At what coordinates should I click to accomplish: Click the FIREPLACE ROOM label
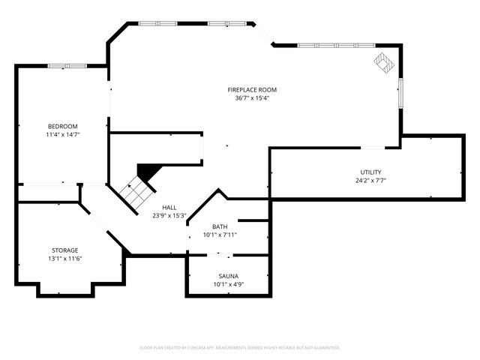point(252,90)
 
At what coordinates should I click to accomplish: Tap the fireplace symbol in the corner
point(384,63)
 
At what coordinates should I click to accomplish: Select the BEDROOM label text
point(63,126)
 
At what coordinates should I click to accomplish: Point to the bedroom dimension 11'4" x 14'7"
point(63,134)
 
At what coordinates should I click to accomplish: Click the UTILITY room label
point(370,172)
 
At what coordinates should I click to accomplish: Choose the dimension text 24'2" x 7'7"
point(370,181)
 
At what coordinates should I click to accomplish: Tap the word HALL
point(169,207)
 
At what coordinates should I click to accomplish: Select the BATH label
point(220,226)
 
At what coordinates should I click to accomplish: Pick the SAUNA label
point(228,276)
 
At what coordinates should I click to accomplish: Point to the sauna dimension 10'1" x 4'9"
point(228,284)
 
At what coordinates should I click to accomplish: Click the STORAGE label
point(65,250)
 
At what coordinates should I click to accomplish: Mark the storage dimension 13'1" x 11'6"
point(65,259)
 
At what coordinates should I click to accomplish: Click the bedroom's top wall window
point(67,66)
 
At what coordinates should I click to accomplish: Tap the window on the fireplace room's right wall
point(400,93)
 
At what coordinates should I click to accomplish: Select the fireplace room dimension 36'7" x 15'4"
point(252,98)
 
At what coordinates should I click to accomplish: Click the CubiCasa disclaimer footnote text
point(240,348)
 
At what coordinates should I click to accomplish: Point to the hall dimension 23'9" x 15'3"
point(169,215)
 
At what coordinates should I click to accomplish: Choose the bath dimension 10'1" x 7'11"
point(220,235)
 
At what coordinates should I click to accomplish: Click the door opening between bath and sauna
point(220,255)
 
